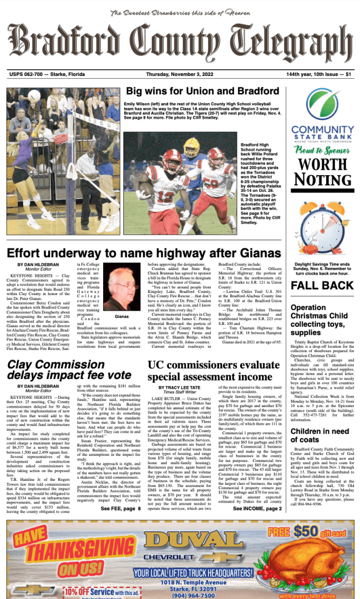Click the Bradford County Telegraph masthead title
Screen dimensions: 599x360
[180, 43]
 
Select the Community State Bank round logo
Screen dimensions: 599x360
[322, 105]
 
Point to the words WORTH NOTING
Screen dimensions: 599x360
[322, 172]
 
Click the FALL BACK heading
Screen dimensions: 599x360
[322, 286]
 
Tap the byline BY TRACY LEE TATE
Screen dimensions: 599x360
[180, 387]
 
